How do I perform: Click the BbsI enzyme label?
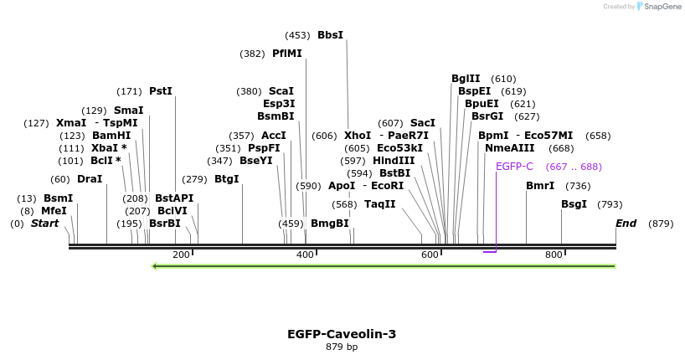pos(330,35)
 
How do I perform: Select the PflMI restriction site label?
pos(286,54)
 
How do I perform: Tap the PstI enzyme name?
pos(160,91)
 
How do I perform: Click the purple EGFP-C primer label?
pos(514,167)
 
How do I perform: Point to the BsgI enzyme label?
pos(574,204)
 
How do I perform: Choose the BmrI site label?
pos(540,186)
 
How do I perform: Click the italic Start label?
pos(45,224)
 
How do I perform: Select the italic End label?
pos(626,224)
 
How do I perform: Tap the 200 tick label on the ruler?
pos(181,255)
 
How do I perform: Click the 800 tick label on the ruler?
pos(554,255)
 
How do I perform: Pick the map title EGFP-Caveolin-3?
pos(342,334)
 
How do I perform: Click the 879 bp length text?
pos(342,347)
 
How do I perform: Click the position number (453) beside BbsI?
pos(297,35)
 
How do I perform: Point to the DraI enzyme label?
pos(90,179)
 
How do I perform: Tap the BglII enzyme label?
pos(466,79)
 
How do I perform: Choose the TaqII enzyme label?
pos(380,204)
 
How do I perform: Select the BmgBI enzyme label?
pos(329,224)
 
